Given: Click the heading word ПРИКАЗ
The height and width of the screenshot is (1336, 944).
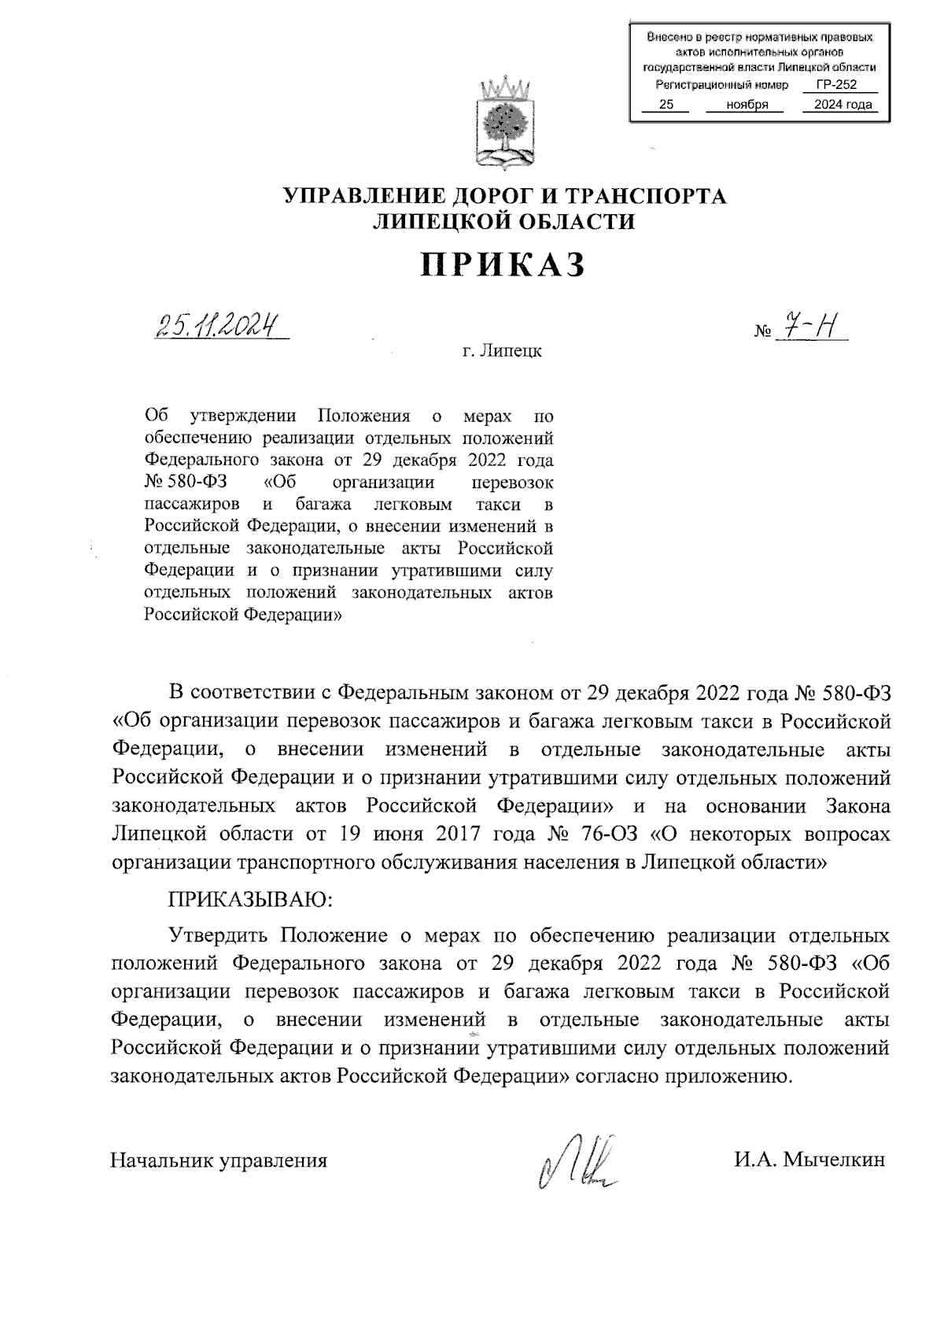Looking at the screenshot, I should coord(503,265).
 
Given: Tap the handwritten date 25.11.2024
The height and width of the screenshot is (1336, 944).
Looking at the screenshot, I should coord(218,324).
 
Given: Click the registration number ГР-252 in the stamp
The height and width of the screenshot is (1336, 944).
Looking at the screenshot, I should coord(835,85).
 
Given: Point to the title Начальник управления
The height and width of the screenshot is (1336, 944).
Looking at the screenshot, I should coord(219,1160).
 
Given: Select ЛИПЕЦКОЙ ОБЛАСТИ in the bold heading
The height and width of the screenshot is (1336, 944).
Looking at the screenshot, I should coord(503,222).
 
